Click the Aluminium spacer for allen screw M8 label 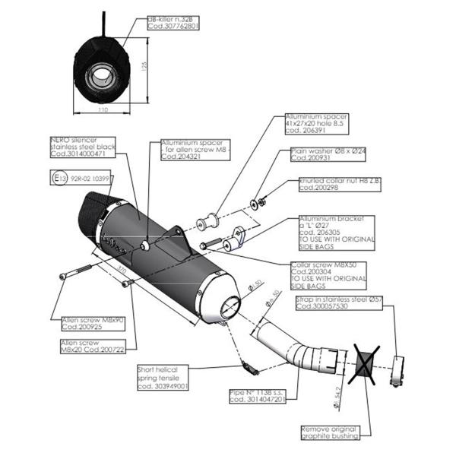[193, 147]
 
